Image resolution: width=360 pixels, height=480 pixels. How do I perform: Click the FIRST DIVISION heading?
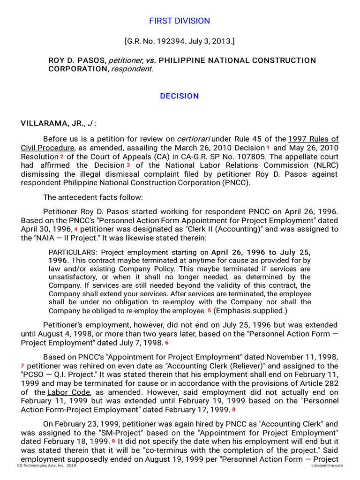(180, 21)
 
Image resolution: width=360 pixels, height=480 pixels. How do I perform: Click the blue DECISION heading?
(180, 96)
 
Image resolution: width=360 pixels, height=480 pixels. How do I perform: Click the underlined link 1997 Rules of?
(313, 139)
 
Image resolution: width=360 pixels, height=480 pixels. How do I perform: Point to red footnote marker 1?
(268, 148)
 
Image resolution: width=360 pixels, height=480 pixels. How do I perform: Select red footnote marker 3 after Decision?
(128, 165)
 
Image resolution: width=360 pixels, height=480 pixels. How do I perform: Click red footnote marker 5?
(209, 311)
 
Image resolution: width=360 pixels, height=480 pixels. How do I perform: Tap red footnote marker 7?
(22, 366)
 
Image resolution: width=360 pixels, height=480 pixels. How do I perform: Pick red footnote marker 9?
(113, 442)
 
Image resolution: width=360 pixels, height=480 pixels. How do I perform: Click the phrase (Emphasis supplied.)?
(250, 311)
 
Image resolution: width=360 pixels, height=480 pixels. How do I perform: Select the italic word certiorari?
(193, 139)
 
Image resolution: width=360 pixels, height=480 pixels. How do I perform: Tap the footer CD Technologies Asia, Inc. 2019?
(46, 465)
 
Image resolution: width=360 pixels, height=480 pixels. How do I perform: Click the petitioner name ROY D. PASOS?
(77, 60)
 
